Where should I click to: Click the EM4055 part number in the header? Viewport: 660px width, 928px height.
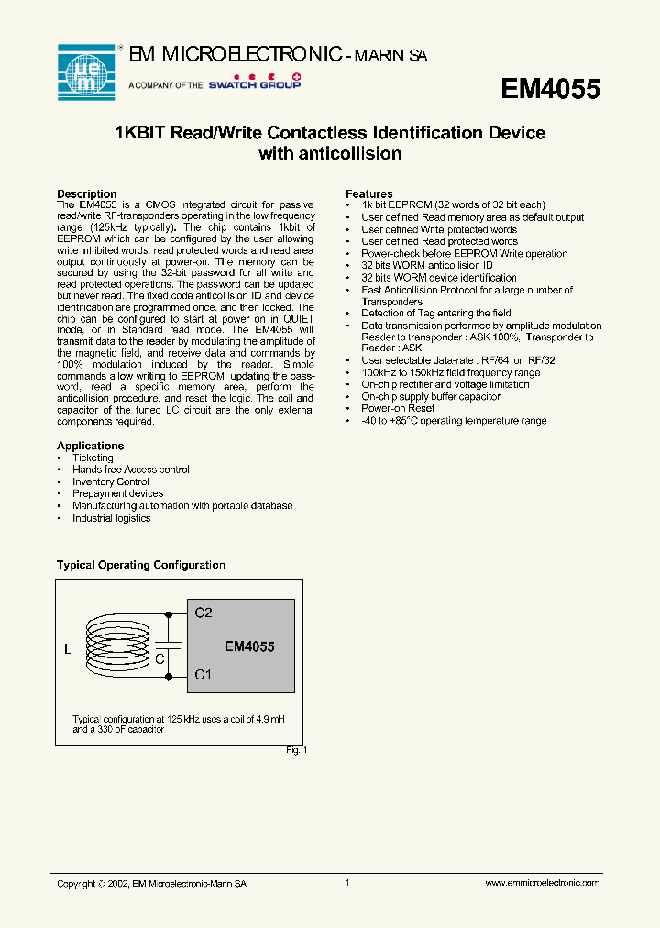[550, 89]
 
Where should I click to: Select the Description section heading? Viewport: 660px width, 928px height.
[87, 193]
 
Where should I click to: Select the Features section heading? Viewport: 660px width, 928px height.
[369, 193]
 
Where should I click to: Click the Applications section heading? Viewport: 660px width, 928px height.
[91, 446]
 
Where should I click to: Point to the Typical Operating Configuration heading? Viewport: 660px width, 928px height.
[141, 565]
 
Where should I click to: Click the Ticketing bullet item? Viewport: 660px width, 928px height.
[93, 458]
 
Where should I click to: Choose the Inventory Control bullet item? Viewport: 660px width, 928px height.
[110, 481]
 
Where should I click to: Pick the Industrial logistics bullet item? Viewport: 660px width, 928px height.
[111, 518]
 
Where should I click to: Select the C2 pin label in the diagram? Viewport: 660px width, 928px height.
[203, 613]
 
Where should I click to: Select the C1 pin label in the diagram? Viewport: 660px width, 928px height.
[203, 675]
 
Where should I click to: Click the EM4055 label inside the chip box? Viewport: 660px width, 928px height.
[249, 646]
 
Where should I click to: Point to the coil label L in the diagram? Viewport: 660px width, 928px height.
[68, 650]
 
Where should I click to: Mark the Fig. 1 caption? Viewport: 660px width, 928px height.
[297, 750]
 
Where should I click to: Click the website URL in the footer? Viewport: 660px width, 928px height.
[541, 883]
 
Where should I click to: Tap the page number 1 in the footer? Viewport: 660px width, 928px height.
[347, 883]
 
